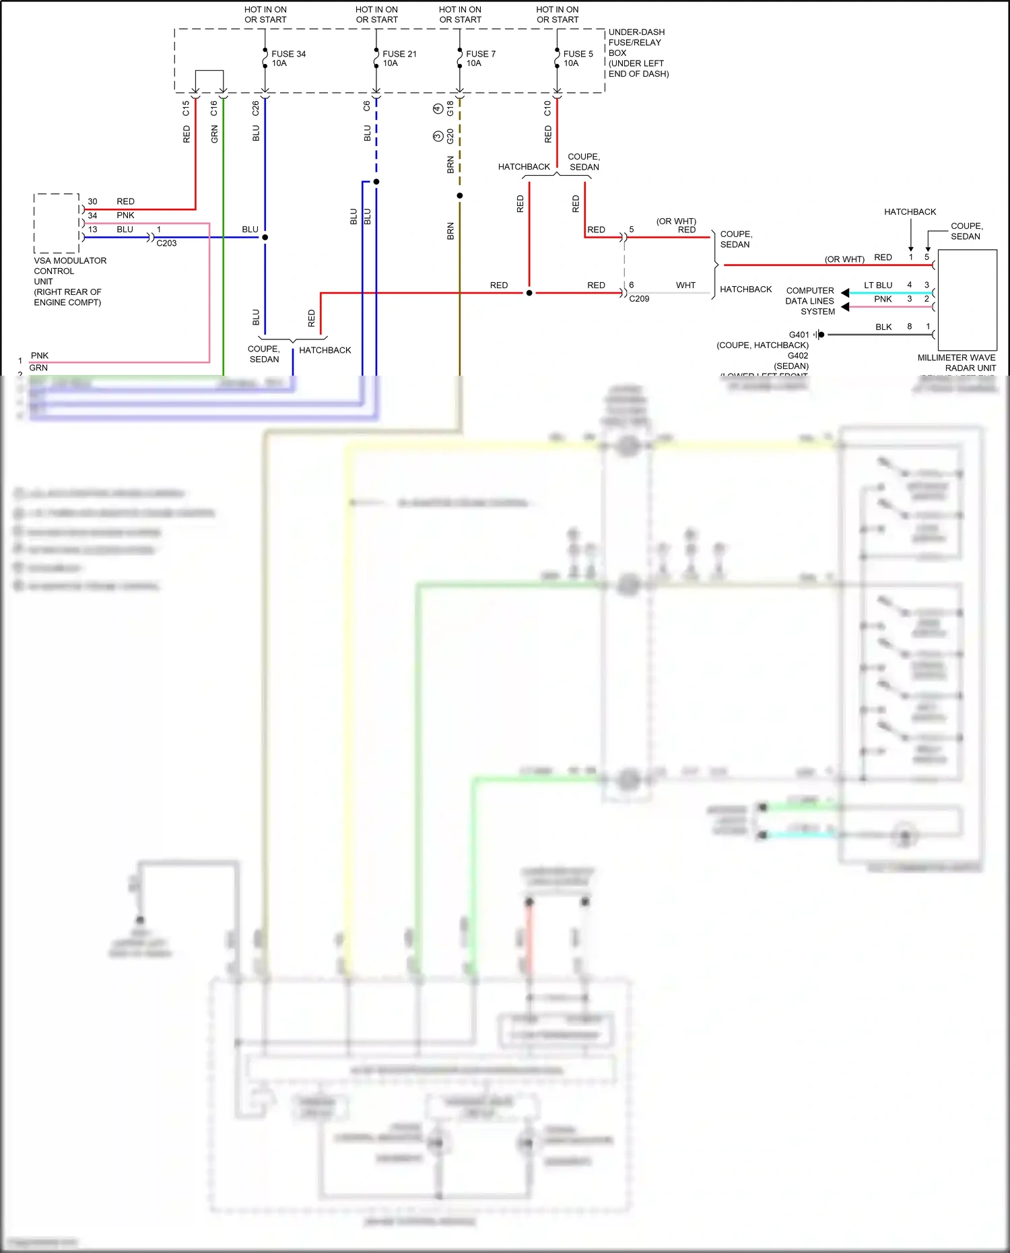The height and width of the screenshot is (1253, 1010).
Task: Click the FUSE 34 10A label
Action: (x=288, y=59)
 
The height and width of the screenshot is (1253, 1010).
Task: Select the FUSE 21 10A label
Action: (x=399, y=59)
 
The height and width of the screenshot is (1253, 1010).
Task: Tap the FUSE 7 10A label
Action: (x=480, y=59)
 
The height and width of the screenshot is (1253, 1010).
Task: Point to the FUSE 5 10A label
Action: (x=578, y=59)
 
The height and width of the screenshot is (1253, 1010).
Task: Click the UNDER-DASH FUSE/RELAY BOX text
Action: (x=638, y=53)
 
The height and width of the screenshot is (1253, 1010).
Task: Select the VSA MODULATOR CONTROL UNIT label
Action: (x=69, y=281)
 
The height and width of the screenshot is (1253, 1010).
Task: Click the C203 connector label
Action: (x=166, y=243)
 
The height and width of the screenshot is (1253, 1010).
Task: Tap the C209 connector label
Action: (x=639, y=298)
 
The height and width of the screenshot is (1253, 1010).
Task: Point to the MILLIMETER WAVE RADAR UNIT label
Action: (x=956, y=362)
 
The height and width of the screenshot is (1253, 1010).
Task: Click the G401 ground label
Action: (x=799, y=335)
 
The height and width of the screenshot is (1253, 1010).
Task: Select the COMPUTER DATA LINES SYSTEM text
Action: (x=810, y=301)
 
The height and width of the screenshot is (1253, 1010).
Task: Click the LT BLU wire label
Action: (x=878, y=285)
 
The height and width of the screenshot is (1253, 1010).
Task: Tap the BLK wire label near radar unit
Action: (x=883, y=327)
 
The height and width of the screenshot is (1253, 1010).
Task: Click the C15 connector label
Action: (x=186, y=108)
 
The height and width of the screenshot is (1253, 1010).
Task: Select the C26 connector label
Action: (x=256, y=108)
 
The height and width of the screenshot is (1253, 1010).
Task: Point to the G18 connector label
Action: (x=450, y=108)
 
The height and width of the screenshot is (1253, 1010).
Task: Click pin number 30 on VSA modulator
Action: (x=92, y=201)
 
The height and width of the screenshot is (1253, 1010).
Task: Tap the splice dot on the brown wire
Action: (x=460, y=196)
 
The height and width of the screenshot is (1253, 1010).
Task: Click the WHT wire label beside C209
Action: (x=685, y=285)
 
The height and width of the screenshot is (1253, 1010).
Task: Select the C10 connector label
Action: (x=547, y=108)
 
